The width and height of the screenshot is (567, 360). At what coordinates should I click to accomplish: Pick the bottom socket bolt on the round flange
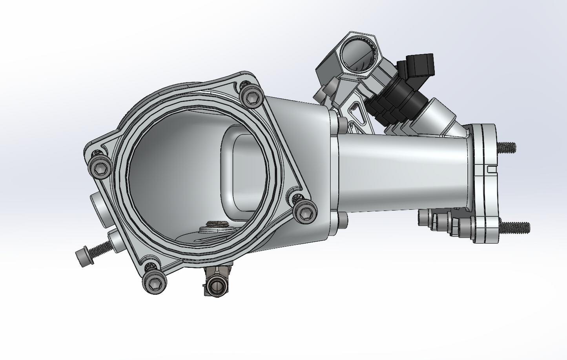pos(154,281)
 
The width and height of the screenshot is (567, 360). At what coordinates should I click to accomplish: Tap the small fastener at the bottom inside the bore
pos(217,226)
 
